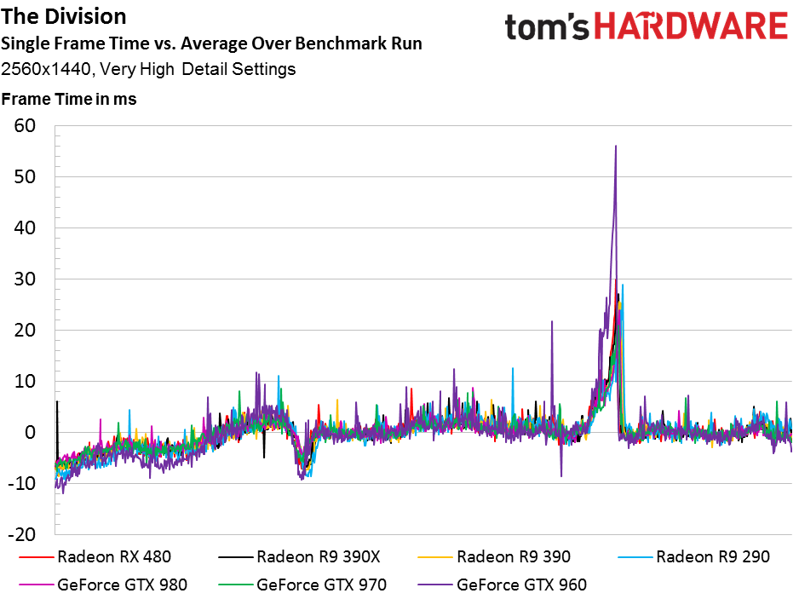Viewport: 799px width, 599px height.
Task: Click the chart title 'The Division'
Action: coord(64,17)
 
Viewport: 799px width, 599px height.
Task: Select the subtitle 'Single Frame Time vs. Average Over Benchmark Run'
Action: coord(211,43)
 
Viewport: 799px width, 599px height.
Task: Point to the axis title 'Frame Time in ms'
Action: coord(69,99)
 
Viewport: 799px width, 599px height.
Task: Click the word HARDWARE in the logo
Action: coord(691,26)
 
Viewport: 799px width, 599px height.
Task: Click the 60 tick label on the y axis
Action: coord(25,126)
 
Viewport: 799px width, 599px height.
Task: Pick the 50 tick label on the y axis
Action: coord(25,177)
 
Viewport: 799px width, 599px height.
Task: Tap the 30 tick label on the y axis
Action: coord(25,279)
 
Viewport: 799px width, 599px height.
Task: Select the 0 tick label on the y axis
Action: coord(30,432)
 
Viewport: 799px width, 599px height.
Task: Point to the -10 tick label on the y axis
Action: coord(22,483)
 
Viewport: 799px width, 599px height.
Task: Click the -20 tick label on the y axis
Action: coord(22,535)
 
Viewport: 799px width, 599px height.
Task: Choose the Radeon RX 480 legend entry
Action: coord(95,556)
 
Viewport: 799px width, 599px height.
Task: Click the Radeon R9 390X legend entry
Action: coord(299,556)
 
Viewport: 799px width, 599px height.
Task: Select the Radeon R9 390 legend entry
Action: coord(494,556)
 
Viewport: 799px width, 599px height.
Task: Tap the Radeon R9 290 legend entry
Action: coord(693,556)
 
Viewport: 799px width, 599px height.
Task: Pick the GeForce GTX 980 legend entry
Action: coord(103,585)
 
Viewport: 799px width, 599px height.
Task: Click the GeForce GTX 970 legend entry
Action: coord(302,585)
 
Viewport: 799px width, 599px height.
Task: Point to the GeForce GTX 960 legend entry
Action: coord(502,585)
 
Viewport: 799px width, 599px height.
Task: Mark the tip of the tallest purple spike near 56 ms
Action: coord(616,146)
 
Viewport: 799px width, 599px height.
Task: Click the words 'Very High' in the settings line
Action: coord(137,69)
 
